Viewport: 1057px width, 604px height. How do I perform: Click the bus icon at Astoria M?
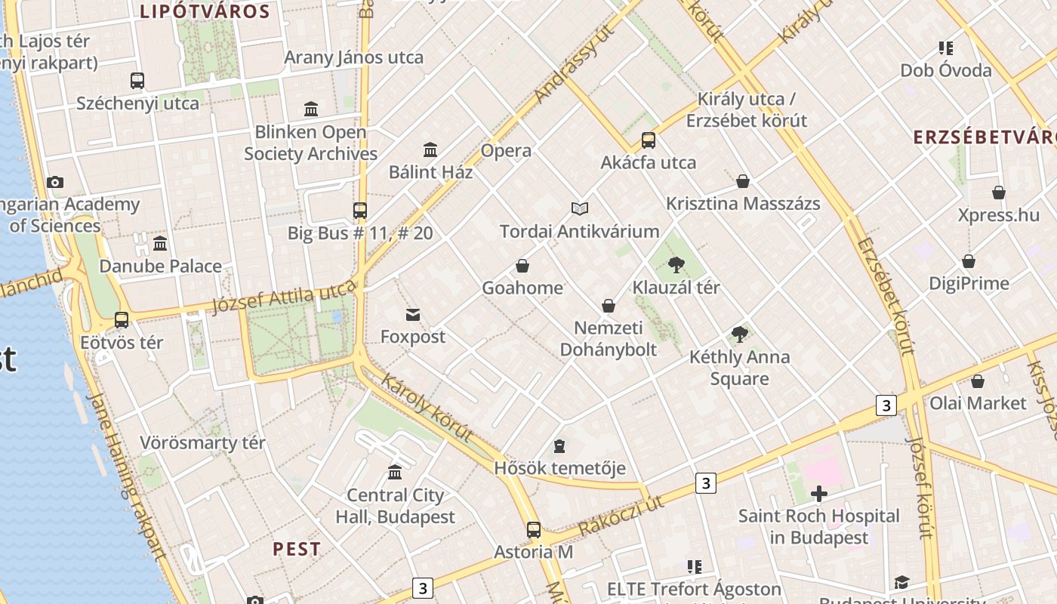click(534, 529)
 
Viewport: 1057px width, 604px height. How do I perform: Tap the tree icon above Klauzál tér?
click(676, 264)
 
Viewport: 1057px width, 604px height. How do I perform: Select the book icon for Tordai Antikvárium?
click(580, 208)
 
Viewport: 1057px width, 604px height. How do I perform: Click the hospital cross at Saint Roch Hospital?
click(819, 494)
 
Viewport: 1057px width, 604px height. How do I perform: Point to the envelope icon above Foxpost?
click(413, 315)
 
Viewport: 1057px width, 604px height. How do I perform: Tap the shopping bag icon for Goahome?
click(522, 266)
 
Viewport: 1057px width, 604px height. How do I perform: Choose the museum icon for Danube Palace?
click(160, 244)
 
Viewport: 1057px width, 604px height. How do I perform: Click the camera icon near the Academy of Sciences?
click(55, 182)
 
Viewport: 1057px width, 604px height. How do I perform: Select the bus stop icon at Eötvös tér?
click(122, 319)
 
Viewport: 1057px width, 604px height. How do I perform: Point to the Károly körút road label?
click(427, 408)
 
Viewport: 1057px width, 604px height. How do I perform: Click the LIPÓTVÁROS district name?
click(205, 11)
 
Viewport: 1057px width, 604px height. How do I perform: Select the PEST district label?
click(297, 549)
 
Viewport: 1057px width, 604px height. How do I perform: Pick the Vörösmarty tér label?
click(203, 442)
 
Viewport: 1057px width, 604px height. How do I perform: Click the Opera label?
click(506, 150)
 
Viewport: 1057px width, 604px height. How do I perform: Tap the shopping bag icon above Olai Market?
click(978, 381)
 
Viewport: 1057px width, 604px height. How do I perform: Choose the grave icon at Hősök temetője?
click(559, 446)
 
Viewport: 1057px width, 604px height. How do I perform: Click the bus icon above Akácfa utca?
click(649, 140)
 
